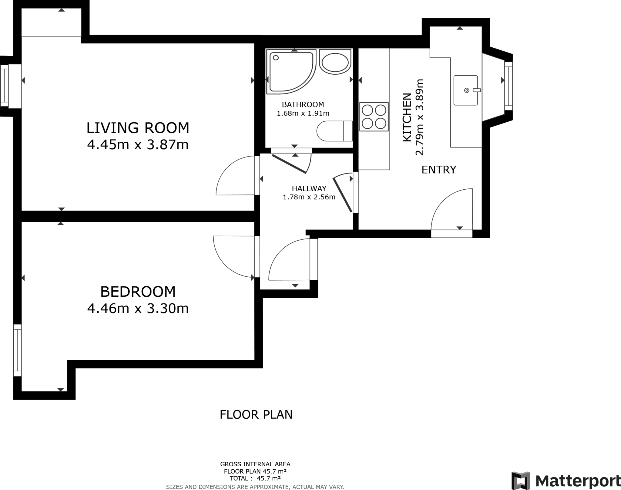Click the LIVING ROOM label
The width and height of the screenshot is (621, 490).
(138, 128)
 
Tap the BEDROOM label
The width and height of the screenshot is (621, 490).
(138, 292)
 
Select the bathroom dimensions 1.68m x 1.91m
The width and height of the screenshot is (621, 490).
(303, 113)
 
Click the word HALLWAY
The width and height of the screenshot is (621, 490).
(309, 188)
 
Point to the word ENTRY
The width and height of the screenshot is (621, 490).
(439, 170)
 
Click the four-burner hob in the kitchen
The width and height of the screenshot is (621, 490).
(374, 117)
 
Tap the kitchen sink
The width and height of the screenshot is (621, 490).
(466, 90)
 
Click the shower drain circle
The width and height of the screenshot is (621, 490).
(276, 57)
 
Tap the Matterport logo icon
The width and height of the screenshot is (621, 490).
(521, 481)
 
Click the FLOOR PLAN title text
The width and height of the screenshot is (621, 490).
(256, 414)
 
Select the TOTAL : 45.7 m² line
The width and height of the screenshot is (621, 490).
(255, 478)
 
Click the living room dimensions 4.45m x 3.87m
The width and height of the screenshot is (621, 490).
(138, 144)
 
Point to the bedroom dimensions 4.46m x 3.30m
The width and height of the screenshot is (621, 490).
(138, 309)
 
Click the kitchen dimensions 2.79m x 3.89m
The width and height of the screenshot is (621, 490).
(419, 117)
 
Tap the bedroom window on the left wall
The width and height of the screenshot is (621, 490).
(17, 350)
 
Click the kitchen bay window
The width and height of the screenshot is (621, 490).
(508, 86)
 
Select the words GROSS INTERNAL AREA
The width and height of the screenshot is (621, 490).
(255, 464)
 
